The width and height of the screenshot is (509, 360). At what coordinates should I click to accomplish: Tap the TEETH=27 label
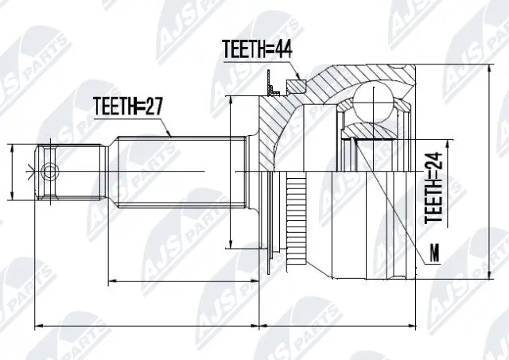[129, 104]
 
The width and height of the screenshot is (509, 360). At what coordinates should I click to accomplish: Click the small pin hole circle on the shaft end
[49, 171]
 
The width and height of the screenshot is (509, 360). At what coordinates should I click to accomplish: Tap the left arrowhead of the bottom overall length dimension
[37, 325]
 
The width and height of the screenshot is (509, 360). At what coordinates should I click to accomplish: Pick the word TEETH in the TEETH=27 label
[116, 104]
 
